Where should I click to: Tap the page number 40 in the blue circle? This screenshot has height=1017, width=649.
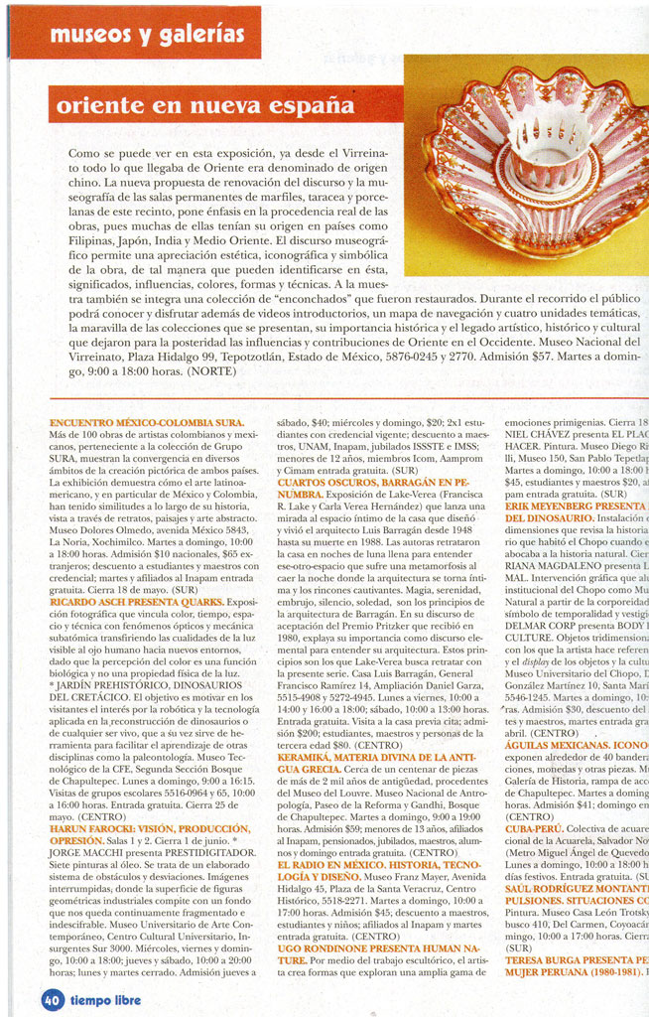[53, 998]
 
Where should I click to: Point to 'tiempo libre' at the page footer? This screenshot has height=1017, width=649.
[105, 998]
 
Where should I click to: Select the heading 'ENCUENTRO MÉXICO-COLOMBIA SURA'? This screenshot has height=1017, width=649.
[146, 423]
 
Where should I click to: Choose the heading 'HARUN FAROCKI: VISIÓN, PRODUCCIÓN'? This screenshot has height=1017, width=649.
[149, 827]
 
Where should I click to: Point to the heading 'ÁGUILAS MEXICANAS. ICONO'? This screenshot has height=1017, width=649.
[577, 745]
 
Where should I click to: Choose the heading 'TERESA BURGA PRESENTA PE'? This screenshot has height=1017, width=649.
[577, 959]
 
